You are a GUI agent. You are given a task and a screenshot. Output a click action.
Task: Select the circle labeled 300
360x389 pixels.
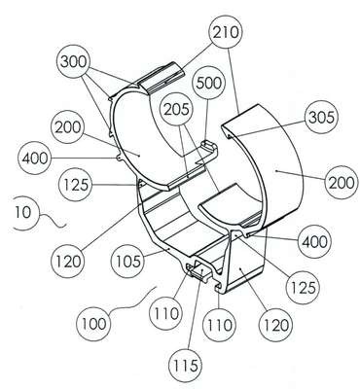[73, 61]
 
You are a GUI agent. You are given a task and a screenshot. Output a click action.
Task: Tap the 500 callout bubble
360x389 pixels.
[208, 84]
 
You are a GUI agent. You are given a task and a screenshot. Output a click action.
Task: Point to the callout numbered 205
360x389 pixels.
[176, 109]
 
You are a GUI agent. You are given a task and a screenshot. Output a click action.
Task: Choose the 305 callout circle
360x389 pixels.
[320, 118]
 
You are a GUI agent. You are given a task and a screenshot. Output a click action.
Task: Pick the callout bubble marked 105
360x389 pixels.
[127, 261]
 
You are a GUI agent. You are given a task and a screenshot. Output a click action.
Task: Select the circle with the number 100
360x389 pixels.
[93, 324]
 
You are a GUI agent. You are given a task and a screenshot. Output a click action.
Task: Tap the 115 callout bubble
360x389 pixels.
[185, 366]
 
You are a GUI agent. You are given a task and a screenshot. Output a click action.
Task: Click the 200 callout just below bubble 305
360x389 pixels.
[342, 183]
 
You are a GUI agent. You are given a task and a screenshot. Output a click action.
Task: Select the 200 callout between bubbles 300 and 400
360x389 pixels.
[67, 127]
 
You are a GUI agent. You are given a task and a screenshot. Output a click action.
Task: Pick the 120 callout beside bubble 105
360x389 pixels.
[67, 262]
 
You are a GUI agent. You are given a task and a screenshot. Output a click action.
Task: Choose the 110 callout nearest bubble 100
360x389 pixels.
[166, 314]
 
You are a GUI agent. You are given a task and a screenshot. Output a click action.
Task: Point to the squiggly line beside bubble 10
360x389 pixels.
[53, 221]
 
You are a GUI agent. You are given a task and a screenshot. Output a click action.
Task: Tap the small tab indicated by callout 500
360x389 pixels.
[209, 148]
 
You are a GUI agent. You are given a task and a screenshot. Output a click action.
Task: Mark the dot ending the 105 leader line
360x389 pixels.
[169, 248]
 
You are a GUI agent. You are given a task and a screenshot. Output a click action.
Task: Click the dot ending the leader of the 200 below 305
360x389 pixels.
[275, 169]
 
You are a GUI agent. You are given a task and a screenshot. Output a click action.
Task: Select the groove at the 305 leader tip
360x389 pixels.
[230, 135]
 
